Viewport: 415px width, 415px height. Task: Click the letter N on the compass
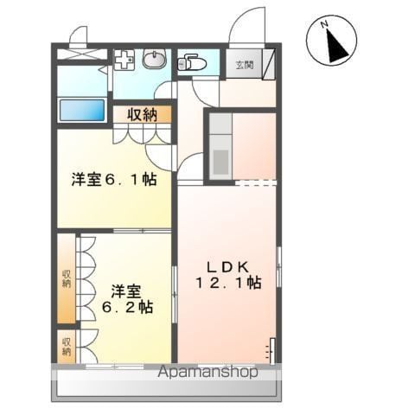[x=325, y=24]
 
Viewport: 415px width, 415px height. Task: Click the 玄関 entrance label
[x=245, y=65]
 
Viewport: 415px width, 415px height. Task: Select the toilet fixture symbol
[x=191, y=63]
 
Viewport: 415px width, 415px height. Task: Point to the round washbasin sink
[x=155, y=59]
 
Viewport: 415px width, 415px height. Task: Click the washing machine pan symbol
[x=124, y=60]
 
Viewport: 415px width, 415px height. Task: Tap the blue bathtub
[x=81, y=110]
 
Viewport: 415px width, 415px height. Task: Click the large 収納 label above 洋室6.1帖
[x=143, y=115]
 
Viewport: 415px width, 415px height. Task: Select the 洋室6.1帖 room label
[x=114, y=180]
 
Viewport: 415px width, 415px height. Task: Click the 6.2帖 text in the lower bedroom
[x=127, y=307]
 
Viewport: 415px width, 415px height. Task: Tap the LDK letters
[x=227, y=267]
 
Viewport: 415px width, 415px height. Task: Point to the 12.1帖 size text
[x=228, y=283]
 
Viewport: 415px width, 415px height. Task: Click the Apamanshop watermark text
[x=207, y=372]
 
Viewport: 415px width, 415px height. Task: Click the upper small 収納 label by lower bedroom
[x=67, y=278]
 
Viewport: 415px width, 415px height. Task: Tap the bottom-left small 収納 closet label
[x=67, y=347]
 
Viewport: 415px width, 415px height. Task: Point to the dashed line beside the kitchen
[x=256, y=182]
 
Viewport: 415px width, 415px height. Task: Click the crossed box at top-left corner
[x=82, y=54]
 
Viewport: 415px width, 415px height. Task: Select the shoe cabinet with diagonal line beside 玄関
[x=269, y=64]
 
